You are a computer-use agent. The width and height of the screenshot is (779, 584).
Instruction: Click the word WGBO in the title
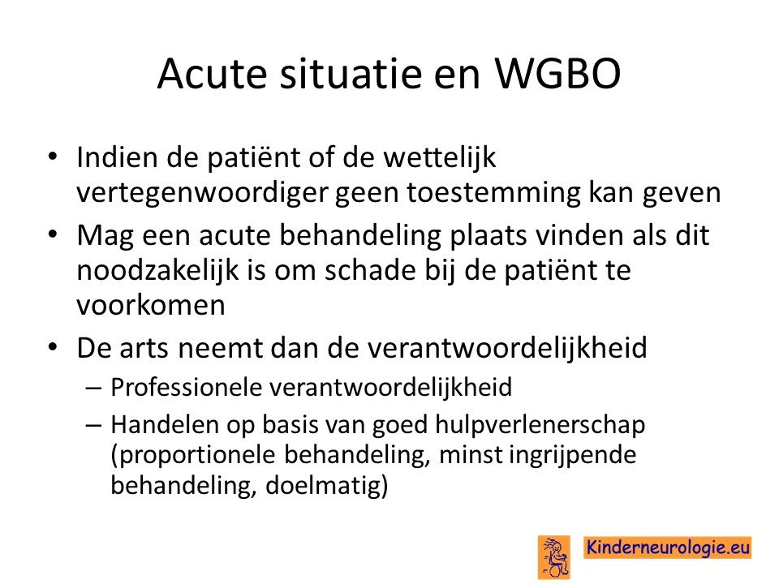click(x=557, y=74)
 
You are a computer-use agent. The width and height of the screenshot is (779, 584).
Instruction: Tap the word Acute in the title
click(x=212, y=74)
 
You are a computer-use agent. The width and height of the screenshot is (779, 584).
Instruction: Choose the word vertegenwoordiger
click(x=202, y=193)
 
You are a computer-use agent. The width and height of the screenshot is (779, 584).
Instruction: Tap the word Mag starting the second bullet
click(x=105, y=236)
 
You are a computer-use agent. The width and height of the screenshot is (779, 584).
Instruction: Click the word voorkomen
click(x=151, y=306)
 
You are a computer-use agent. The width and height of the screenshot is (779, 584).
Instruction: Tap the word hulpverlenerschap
click(x=540, y=426)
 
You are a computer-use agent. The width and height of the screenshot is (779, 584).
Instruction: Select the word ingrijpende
click(x=573, y=455)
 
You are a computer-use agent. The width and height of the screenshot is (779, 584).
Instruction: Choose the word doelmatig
click(x=326, y=486)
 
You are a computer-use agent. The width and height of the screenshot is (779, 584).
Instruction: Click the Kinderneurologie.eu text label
click(x=667, y=547)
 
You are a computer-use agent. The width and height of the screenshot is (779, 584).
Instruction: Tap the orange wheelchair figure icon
click(x=554, y=557)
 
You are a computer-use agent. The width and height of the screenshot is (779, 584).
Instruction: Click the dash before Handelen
click(x=93, y=426)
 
